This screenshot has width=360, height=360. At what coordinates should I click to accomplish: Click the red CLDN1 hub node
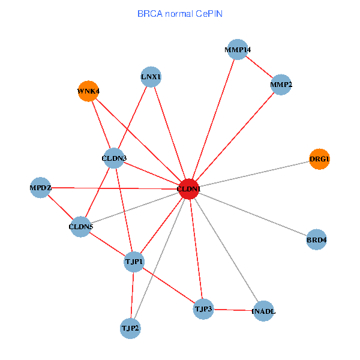[189, 189]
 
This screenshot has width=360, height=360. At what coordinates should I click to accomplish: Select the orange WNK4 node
[88, 91]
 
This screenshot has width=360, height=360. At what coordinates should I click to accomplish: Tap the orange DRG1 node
[319, 159]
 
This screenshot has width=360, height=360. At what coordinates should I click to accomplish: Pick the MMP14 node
[238, 50]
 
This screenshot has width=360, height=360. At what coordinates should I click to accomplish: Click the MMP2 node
[281, 85]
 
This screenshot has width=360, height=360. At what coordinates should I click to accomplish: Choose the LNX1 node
[151, 77]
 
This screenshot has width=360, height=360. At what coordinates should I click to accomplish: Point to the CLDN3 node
[114, 158]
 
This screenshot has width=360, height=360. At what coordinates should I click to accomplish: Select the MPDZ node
[40, 188]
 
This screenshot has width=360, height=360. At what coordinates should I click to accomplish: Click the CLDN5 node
[80, 227]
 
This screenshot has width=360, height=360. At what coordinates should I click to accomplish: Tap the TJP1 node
[134, 262]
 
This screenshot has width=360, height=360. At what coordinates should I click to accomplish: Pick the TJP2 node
[130, 328]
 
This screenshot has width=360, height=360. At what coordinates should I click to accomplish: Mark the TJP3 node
[203, 309]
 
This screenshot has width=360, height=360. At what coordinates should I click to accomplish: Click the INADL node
[264, 311]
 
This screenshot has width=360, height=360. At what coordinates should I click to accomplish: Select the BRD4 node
[316, 239]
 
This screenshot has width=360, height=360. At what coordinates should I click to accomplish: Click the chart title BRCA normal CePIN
[180, 13]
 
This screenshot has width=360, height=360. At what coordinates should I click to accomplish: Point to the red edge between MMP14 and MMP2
[260, 68]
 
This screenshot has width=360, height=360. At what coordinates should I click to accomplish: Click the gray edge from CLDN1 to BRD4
[253, 214]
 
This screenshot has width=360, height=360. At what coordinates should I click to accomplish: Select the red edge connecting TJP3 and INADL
[234, 310]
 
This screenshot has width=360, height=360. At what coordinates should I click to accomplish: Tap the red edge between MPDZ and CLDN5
[60, 207]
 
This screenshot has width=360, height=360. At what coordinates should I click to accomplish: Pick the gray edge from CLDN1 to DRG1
[254, 174]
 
